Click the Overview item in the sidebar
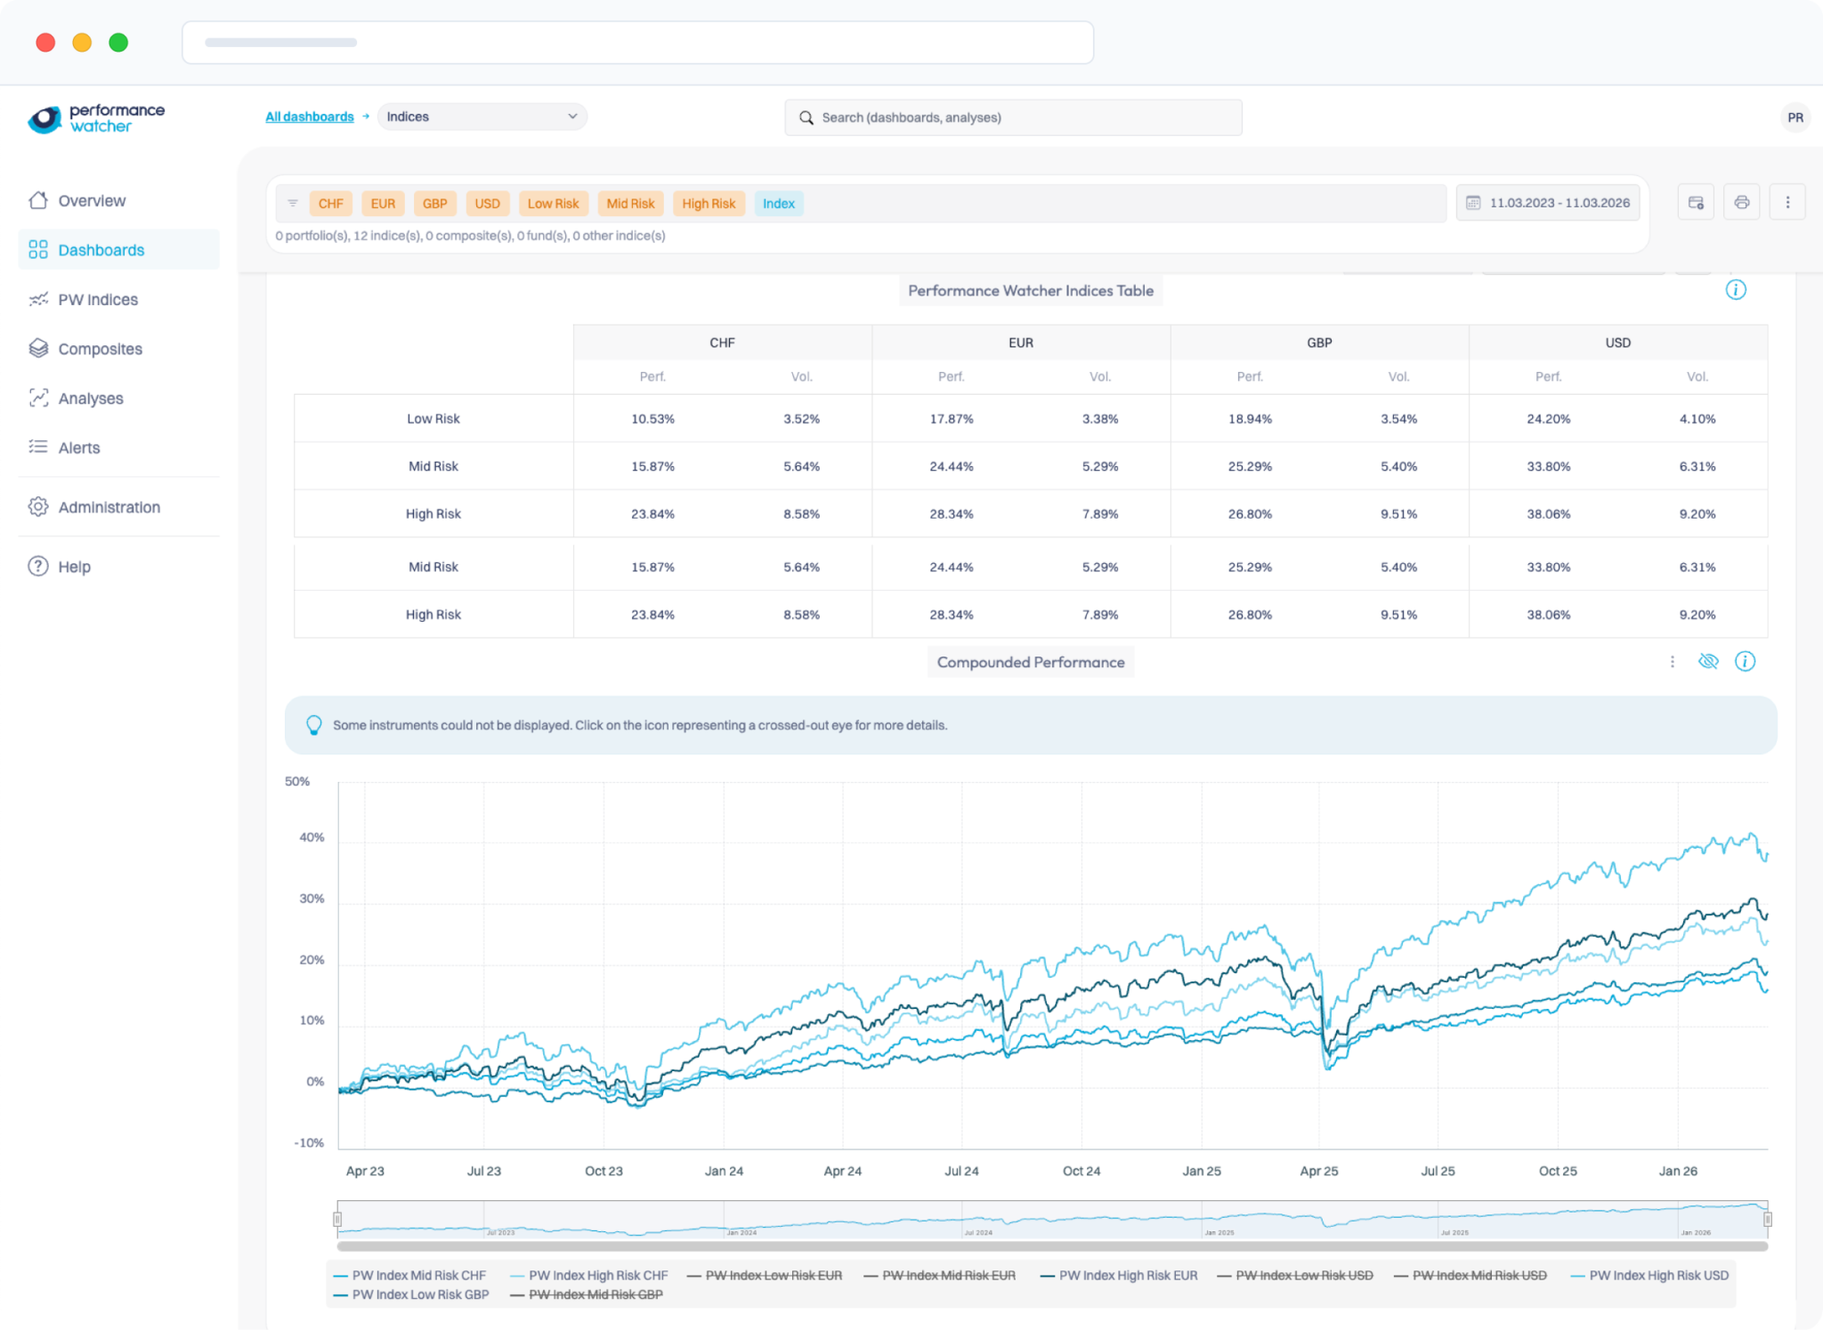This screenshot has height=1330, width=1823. (x=91, y=201)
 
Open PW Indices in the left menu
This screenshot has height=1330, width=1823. (x=97, y=300)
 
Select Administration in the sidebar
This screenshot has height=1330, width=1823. (x=109, y=507)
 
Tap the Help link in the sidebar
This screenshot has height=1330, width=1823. (x=74, y=567)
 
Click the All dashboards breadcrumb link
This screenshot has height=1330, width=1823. (x=309, y=117)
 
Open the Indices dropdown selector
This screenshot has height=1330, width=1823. (x=482, y=117)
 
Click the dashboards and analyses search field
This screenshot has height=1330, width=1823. (x=1013, y=117)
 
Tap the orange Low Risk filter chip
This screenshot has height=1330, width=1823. (x=553, y=204)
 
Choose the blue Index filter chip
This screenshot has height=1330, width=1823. (x=778, y=204)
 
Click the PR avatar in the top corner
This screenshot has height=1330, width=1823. (x=1795, y=117)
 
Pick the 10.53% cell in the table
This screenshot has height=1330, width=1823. (x=652, y=419)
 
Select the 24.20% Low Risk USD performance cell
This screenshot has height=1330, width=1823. (x=1548, y=419)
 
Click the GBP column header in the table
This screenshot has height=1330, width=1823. (x=1319, y=343)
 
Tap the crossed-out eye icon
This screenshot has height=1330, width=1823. (x=1707, y=661)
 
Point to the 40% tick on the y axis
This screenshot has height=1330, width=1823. (x=312, y=837)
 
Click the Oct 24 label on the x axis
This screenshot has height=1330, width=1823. (x=1081, y=1171)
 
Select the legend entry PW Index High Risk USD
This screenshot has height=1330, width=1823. (x=1657, y=1276)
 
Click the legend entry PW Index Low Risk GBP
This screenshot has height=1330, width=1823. (x=419, y=1294)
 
